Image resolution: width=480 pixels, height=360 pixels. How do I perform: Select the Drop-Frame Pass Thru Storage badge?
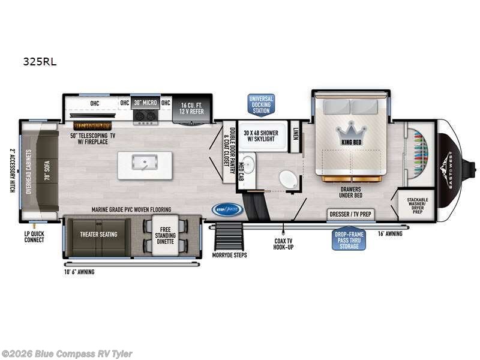click(349, 239)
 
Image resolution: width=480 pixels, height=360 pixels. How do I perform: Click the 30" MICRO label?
click(146, 102)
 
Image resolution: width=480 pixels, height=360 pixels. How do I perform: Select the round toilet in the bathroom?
click(288, 179)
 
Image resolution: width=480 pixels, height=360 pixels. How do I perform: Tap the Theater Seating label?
click(100, 234)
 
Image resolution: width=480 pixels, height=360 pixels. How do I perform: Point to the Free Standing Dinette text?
click(165, 236)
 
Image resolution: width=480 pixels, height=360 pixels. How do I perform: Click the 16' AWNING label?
click(390, 233)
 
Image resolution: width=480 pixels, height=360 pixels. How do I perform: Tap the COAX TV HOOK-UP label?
click(283, 244)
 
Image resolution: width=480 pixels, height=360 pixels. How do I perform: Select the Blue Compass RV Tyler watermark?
click(67, 354)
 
